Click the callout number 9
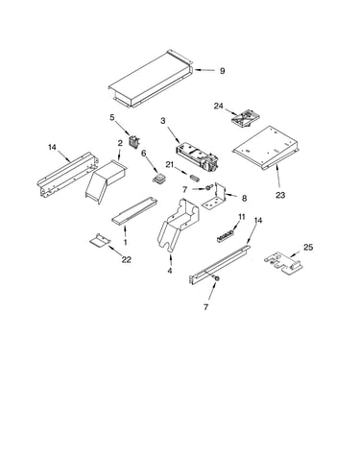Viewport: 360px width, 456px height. click(222, 71)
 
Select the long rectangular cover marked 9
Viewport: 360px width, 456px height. click(151, 79)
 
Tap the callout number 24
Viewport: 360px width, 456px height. click(219, 106)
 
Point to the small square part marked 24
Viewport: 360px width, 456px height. click(246, 118)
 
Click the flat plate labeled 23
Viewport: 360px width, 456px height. click(266, 149)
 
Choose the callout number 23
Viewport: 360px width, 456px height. click(280, 195)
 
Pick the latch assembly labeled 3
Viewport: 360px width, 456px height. click(197, 158)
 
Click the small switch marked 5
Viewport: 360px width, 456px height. click(133, 142)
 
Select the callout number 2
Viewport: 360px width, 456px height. click(120, 143)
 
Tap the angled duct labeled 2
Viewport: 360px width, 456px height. click(106, 180)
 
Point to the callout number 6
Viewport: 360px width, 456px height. click(144, 154)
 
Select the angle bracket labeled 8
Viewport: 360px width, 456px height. click(215, 197)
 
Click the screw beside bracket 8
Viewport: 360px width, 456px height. click(208, 187)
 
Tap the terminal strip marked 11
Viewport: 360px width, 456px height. click(227, 237)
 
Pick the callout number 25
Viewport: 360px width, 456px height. click(308, 248)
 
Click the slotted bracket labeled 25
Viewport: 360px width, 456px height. click(283, 263)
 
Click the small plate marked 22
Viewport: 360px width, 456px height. click(100, 240)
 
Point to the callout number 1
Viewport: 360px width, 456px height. click(126, 242)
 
